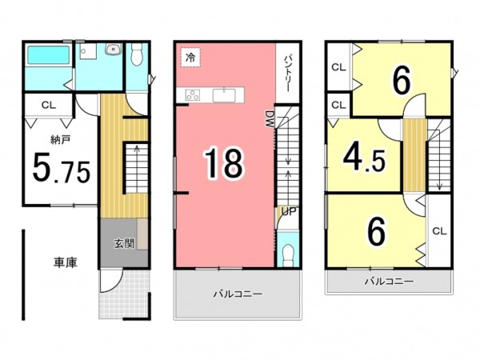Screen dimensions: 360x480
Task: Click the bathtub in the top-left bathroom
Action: pyautogui.click(x=48, y=58)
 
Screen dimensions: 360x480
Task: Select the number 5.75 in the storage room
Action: pyautogui.click(x=61, y=170)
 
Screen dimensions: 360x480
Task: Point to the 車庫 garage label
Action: pyautogui.click(x=66, y=262)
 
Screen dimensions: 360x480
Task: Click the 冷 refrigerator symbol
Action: pyautogui.click(x=190, y=58)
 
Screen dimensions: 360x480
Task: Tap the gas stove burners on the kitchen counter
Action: pyautogui.click(x=193, y=96)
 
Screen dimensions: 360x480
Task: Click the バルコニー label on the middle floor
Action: pyautogui.click(x=237, y=294)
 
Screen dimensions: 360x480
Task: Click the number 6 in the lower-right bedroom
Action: pyautogui.click(x=376, y=232)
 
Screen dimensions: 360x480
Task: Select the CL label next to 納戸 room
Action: pyautogui.click(x=49, y=104)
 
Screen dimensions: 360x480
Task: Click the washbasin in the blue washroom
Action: pyautogui.click(x=113, y=52)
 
